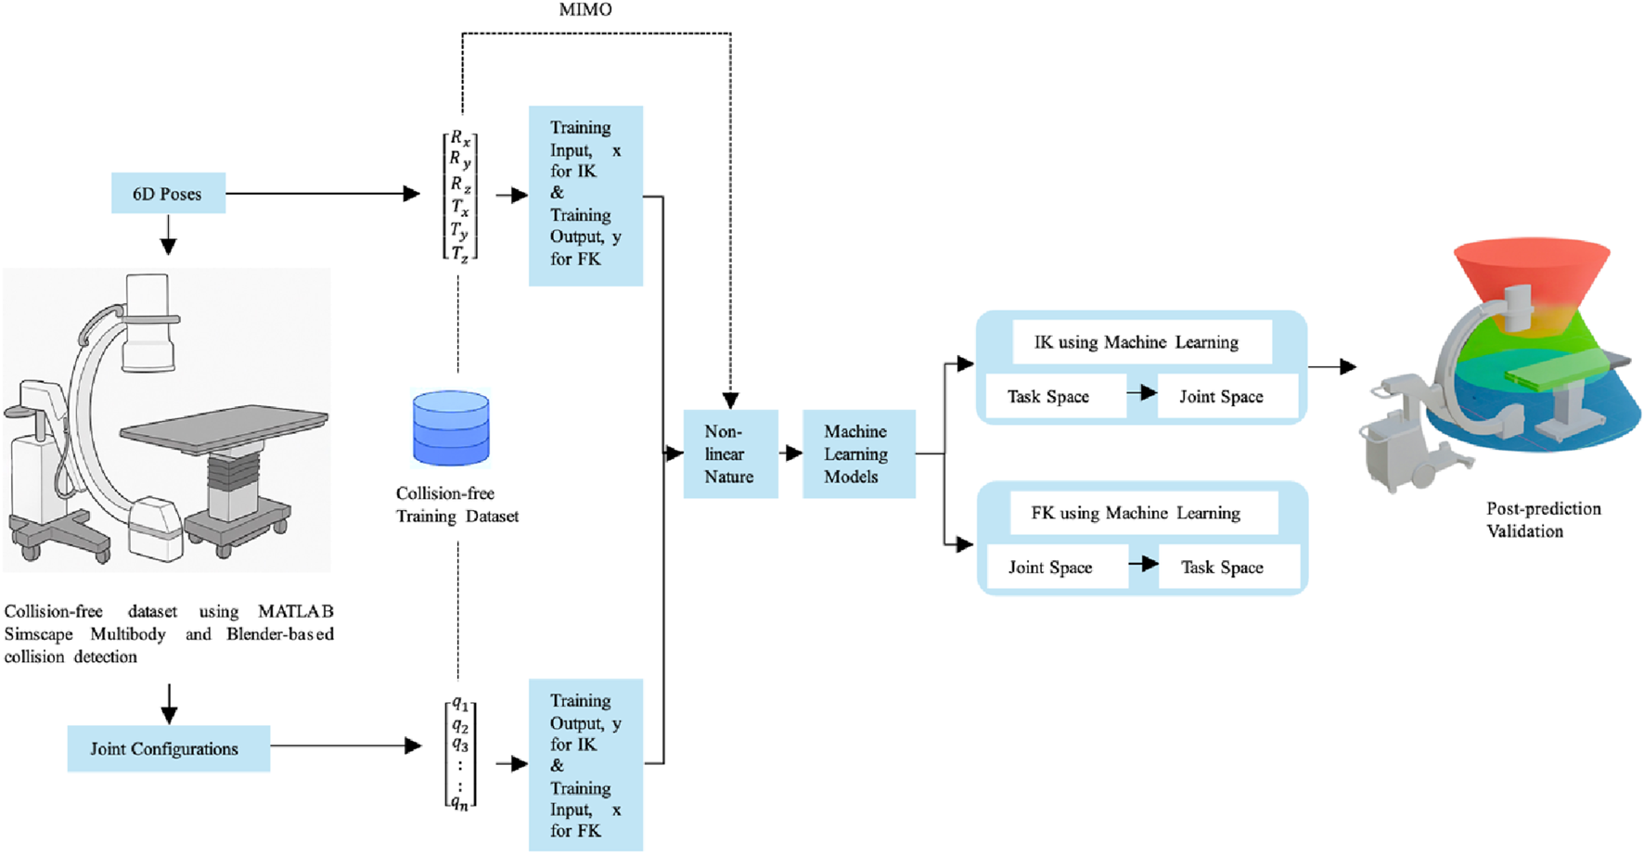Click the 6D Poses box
168,194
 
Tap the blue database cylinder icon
451,427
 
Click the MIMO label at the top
585,10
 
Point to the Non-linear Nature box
730,454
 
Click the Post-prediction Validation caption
1543,520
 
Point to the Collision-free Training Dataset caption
456,505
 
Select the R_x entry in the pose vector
460,139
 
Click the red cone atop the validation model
1531,269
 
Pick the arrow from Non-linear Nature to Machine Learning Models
790,454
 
